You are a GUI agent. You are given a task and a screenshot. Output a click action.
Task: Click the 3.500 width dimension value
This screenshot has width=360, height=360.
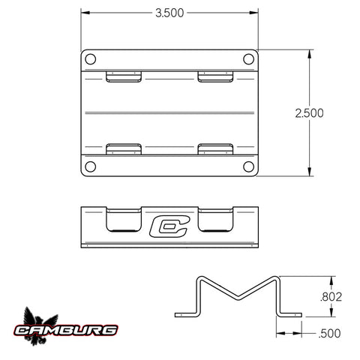click(x=169, y=13)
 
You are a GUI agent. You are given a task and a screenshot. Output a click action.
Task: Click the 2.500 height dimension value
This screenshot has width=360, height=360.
click(x=309, y=113)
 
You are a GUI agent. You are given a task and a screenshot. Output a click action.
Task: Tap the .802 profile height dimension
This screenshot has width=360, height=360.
click(x=331, y=297)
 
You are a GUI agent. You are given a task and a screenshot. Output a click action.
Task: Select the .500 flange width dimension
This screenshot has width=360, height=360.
click(x=329, y=334)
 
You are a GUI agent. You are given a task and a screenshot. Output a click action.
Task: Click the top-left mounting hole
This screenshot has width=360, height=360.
click(x=90, y=59)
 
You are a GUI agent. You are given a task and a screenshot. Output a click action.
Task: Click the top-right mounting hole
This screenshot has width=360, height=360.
click(x=248, y=59)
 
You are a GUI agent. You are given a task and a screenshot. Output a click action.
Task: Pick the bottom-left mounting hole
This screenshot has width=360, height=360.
click(x=90, y=166)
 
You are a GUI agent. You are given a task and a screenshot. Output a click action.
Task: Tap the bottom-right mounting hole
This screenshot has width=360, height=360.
click(x=248, y=166)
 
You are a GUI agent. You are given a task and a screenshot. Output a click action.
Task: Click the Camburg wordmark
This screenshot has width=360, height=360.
click(x=66, y=330)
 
